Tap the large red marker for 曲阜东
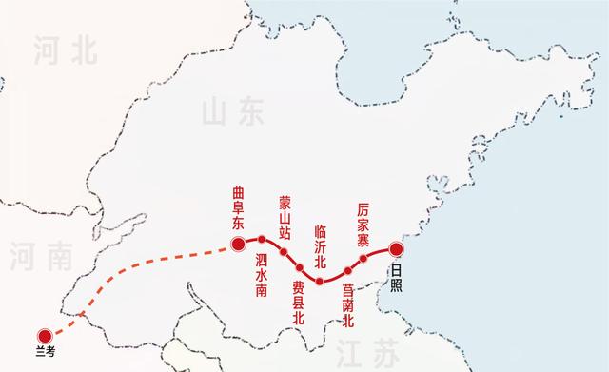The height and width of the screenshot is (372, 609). click(238, 245)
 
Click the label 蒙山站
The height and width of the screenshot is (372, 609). click(285, 218)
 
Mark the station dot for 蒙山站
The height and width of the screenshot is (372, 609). click(284, 252)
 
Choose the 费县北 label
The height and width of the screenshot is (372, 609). click(298, 303)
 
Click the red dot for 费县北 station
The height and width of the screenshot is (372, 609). click(299, 267)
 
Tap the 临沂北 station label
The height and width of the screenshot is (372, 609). click(321, 245)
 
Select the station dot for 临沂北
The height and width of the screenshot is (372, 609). click(321, 281)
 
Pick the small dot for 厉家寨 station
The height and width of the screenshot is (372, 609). click(363, 258)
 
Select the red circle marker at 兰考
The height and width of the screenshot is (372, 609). click(44, 335)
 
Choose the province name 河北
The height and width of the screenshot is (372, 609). click(64, 49)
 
